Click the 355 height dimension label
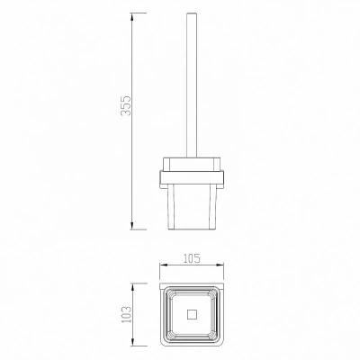pos(126,105)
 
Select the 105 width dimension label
pos(192,258)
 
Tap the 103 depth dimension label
pos(127,314)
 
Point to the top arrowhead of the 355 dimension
pos(132,17)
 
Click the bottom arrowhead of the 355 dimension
pos(132,226)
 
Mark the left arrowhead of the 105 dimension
pos(163,265)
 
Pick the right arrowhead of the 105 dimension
pos(220,265)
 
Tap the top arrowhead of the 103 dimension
pos(132,287)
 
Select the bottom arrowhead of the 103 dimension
pos(132,341)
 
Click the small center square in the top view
pos(192,315)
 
